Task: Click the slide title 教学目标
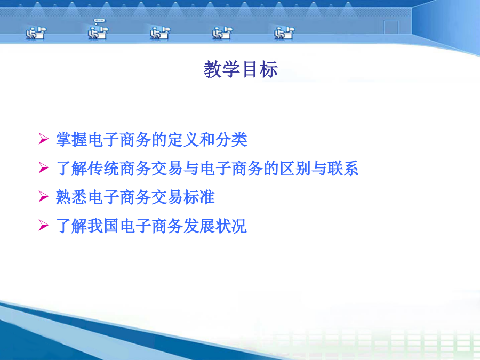click(241, 69)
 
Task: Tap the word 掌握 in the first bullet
click(71, 140)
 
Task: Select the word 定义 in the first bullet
click(183, 140)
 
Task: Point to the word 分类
click(231, 140)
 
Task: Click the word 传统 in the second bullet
click(103, 169)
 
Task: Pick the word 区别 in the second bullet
click(295, 169)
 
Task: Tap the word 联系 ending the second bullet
click(343, 169)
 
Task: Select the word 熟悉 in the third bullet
click(71, 197)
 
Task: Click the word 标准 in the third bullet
click(199, 197)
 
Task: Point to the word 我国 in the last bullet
click(103, 226)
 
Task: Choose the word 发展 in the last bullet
click(199, 226)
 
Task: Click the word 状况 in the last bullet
click(231, 226)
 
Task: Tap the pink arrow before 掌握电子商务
click(44, 139)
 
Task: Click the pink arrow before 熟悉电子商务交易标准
click(44, 196)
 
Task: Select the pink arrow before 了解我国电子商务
click(44, 225)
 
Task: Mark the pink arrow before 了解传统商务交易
click(44, 167)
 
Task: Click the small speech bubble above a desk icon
click(100, 21)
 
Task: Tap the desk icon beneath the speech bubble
click(98, 33)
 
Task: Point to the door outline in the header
click(391, 27)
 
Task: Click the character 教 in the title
click(213, 69)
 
